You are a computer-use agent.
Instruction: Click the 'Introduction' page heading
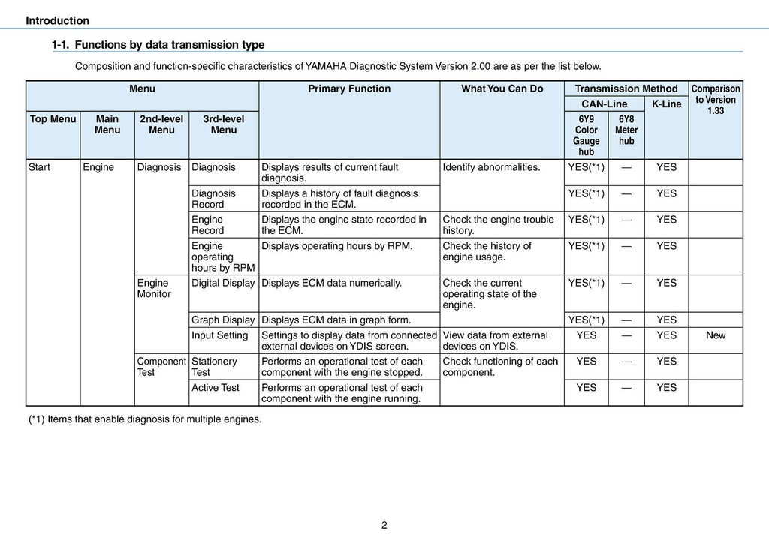tap(57, 21)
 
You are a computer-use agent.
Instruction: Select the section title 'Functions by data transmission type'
tap(169, 45)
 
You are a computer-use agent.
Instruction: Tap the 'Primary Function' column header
tap(349, 88)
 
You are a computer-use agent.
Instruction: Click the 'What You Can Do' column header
tap(502, 88)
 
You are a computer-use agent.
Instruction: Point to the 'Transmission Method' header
tap(626, 88)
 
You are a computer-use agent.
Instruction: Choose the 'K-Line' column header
tap(666, 103)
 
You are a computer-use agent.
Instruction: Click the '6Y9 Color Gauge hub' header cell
tap(586, 135)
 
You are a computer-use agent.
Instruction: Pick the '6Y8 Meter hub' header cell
tap(626, 130)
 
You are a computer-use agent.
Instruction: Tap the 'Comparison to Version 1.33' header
tap(715, 99)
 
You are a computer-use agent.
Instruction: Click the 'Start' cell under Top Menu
tap(39, 167)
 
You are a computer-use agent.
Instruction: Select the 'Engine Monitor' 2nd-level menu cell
tap(154, 288)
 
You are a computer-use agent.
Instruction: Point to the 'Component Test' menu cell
tap(161, 366)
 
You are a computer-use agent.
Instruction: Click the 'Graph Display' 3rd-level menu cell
tap(223, 320)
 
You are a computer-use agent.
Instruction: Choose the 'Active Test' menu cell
tap(216, 388)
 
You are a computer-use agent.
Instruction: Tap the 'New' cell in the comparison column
tap(716, 335)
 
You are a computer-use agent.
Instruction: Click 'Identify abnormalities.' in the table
tap(491, 167)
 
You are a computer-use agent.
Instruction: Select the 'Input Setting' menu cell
tap(219, 335)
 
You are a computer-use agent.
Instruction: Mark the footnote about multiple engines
tap(145, 419)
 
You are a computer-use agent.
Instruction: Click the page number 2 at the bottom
tap(384, 525)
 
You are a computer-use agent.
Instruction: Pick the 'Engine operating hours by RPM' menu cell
tap(223, 256)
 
